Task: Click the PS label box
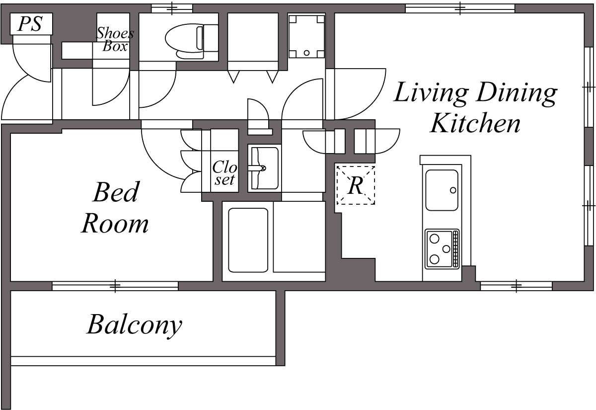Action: (x=30, y=24)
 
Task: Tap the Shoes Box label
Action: (x=115, y=40)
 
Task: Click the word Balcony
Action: (x=134, y=326)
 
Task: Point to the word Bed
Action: (x=115, y=193)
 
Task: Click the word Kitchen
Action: (x=475, y=123)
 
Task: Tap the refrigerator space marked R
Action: (x=356, y=185)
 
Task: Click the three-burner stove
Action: (x=441, y=248)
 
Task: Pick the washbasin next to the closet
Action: (x=263, y=168)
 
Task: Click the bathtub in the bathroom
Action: (x=248, y=240)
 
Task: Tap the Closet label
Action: (x=224, y=173)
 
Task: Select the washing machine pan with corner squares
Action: (x=306, y=36)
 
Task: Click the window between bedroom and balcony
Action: (x=115, y=286)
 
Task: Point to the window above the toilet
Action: (x=172, y=8)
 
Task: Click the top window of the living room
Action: (x=460, y=8)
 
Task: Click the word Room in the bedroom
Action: (x=115, y=224)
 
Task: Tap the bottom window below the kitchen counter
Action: (x=516, y=286)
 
